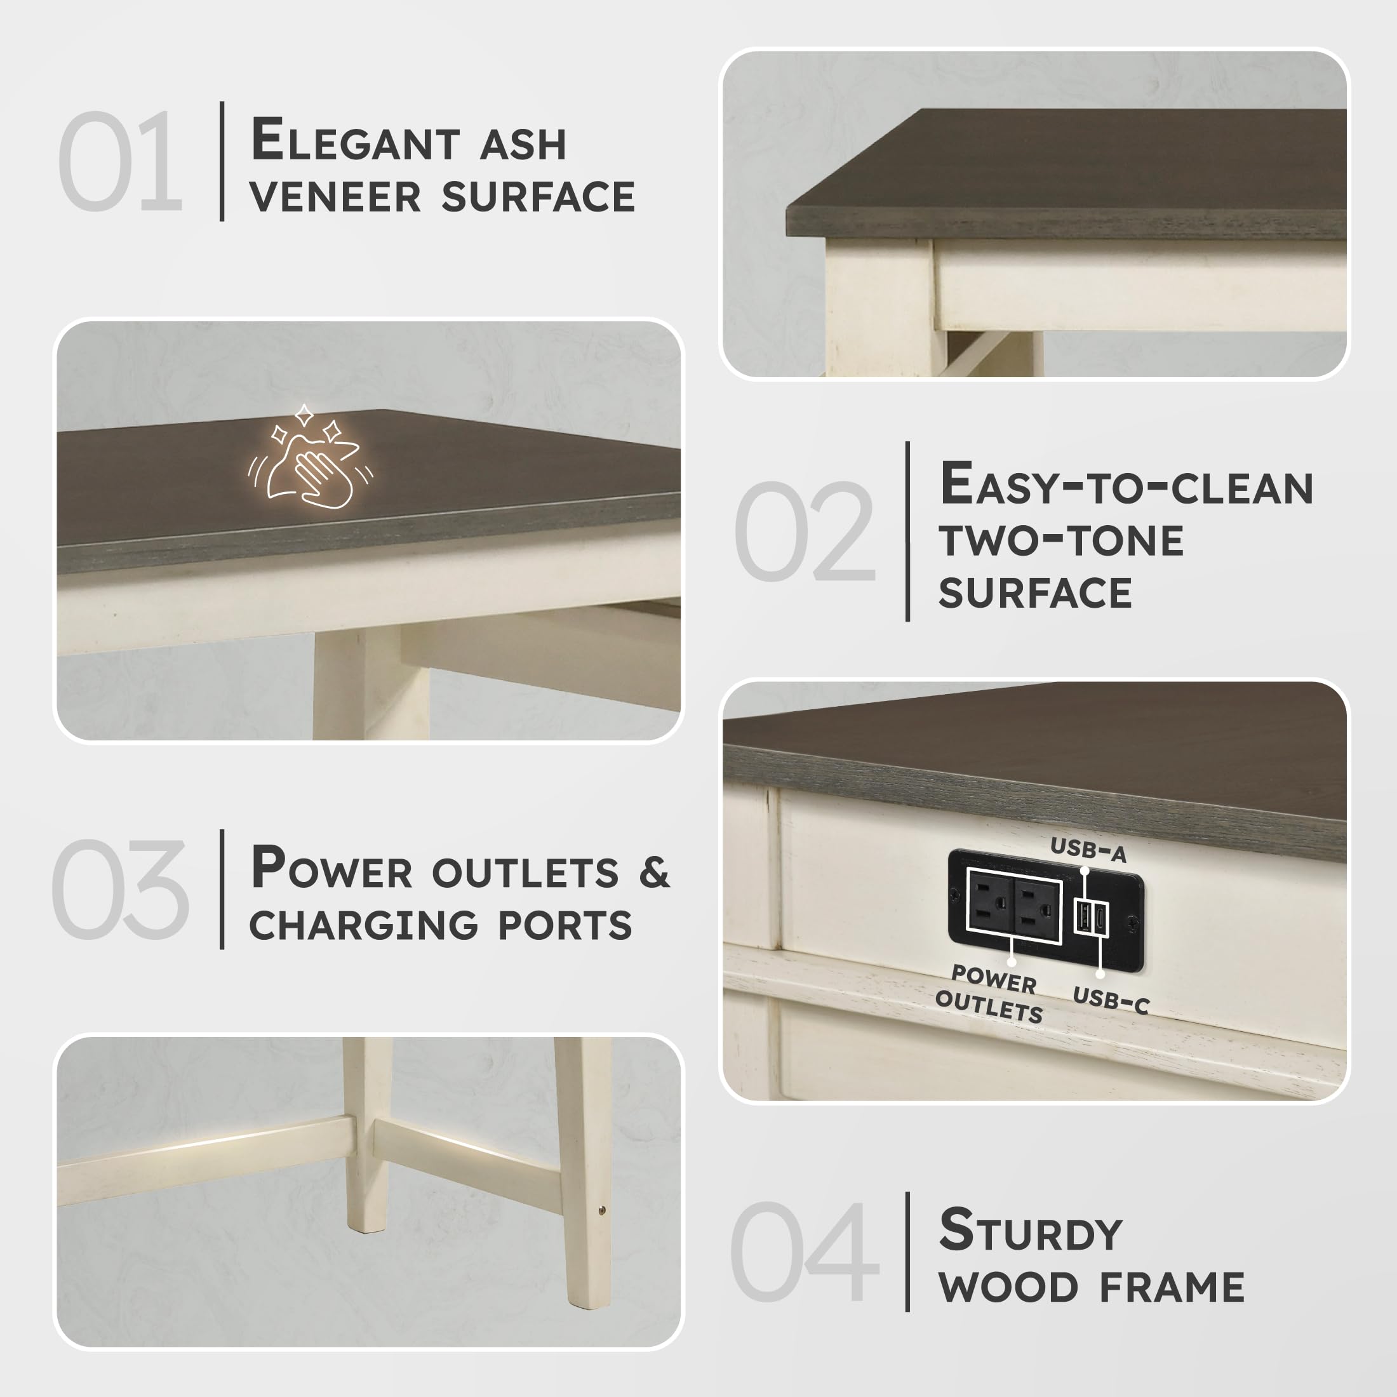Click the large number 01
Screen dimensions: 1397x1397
click(x=120, y=161)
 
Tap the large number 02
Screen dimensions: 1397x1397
click(x=805, y=531)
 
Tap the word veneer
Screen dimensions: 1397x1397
click(x=335, y=197)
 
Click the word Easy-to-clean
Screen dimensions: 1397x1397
click(x=1126, y=484)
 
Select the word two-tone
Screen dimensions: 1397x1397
click(x=1062, y=540)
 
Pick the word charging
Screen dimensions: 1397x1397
click(x=364, y=926)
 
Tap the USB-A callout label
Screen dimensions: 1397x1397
click(x=1088, y=850)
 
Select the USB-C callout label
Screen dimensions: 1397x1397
click(x=1111, y=1001)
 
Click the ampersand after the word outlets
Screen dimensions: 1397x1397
click(x=655, y=872)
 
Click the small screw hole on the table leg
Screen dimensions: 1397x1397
click(x=603, y=1210)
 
